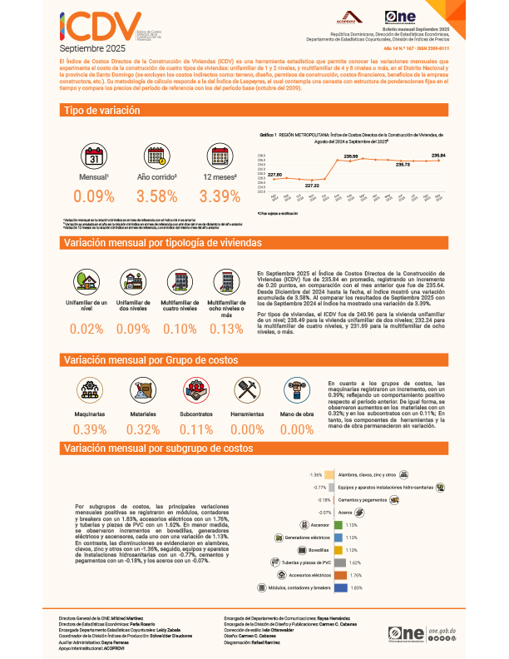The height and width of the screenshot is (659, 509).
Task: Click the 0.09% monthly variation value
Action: click(x=94, y=196)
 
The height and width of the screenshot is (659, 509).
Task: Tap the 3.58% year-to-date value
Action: click(x=156, y=196)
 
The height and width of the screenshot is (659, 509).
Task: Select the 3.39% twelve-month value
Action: click(x=220, y=196)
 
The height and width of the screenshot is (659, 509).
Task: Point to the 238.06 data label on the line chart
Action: click(x=351, y=156)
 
